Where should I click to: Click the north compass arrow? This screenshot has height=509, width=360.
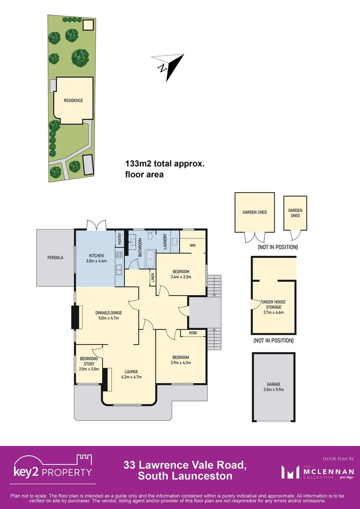tap(168, 67)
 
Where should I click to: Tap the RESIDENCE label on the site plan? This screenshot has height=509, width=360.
tap(74, 100)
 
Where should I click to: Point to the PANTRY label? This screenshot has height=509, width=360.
tap(120, 238)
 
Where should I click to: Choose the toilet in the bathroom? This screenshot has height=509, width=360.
tap(150, 238)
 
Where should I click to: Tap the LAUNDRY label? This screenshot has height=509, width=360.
tap(165, 241)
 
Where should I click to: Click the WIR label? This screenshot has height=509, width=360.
tap(192, 246)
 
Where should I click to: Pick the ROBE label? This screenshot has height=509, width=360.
tap(193, 333)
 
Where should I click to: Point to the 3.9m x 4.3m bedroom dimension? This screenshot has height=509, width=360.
tap(180, 362)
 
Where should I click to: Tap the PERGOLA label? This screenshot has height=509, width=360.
tap(55, 258)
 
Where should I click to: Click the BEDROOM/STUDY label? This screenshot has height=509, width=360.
tap(89, 361)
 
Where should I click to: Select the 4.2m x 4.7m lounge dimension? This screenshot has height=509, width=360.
tap(131, 377)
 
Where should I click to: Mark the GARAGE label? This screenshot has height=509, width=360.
tap(274, 384)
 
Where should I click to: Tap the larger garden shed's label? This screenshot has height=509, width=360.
tap(254, 212)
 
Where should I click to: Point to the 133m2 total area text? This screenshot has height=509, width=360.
tap(164, 164)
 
